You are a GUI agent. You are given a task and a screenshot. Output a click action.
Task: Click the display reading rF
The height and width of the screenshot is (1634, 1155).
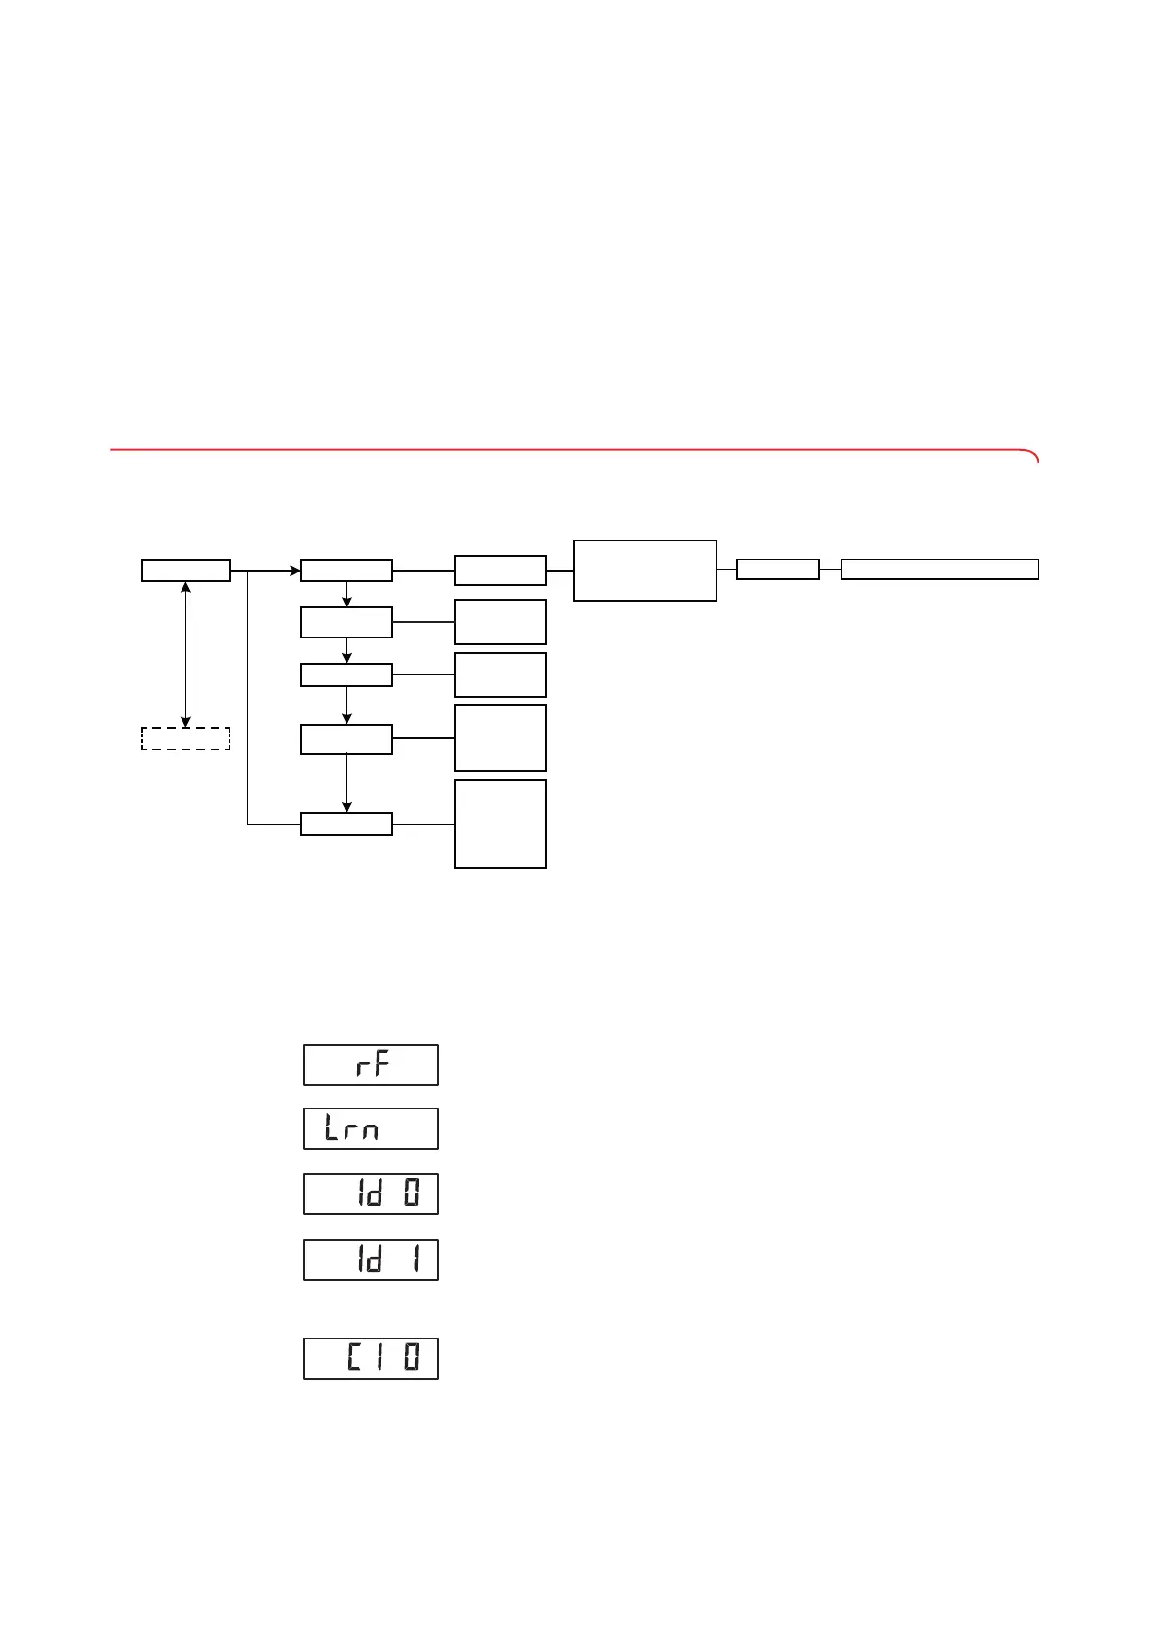371,1064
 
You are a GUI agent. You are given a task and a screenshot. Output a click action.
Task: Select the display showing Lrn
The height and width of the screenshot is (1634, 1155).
371,1128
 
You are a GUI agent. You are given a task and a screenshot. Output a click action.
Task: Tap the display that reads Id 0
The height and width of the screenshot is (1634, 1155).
371,1193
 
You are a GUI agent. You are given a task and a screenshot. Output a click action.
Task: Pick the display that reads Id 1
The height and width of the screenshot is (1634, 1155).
371,1259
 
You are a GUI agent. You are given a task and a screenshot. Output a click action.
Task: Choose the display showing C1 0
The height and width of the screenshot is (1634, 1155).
371,1358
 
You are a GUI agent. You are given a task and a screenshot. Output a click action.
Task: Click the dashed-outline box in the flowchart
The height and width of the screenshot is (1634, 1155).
185,738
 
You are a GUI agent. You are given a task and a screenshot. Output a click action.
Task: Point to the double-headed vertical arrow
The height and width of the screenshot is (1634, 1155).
185,654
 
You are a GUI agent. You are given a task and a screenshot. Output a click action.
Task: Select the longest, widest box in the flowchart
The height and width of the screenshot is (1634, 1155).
940,570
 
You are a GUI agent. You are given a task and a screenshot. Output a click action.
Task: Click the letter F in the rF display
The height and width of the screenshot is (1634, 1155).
381,1064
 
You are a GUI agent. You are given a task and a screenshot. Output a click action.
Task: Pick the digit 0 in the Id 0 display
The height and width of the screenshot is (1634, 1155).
412,1193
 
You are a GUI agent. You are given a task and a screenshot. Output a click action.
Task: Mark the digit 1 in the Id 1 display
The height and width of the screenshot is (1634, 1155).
412,1259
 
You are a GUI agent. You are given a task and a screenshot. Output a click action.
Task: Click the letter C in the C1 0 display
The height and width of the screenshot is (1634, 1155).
355,1358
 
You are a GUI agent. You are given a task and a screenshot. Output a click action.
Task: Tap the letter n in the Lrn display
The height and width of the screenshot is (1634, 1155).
369,1131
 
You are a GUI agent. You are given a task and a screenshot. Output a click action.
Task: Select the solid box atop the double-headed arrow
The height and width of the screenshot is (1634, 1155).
185,571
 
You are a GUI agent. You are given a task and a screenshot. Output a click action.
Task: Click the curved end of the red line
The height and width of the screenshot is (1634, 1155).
1033,455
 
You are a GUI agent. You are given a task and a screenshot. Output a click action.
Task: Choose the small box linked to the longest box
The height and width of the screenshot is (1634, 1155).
777,570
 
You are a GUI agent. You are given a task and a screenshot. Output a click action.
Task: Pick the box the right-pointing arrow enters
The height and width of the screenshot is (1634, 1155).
346,571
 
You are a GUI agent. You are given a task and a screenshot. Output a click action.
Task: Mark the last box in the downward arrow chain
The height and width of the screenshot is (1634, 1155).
346,824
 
